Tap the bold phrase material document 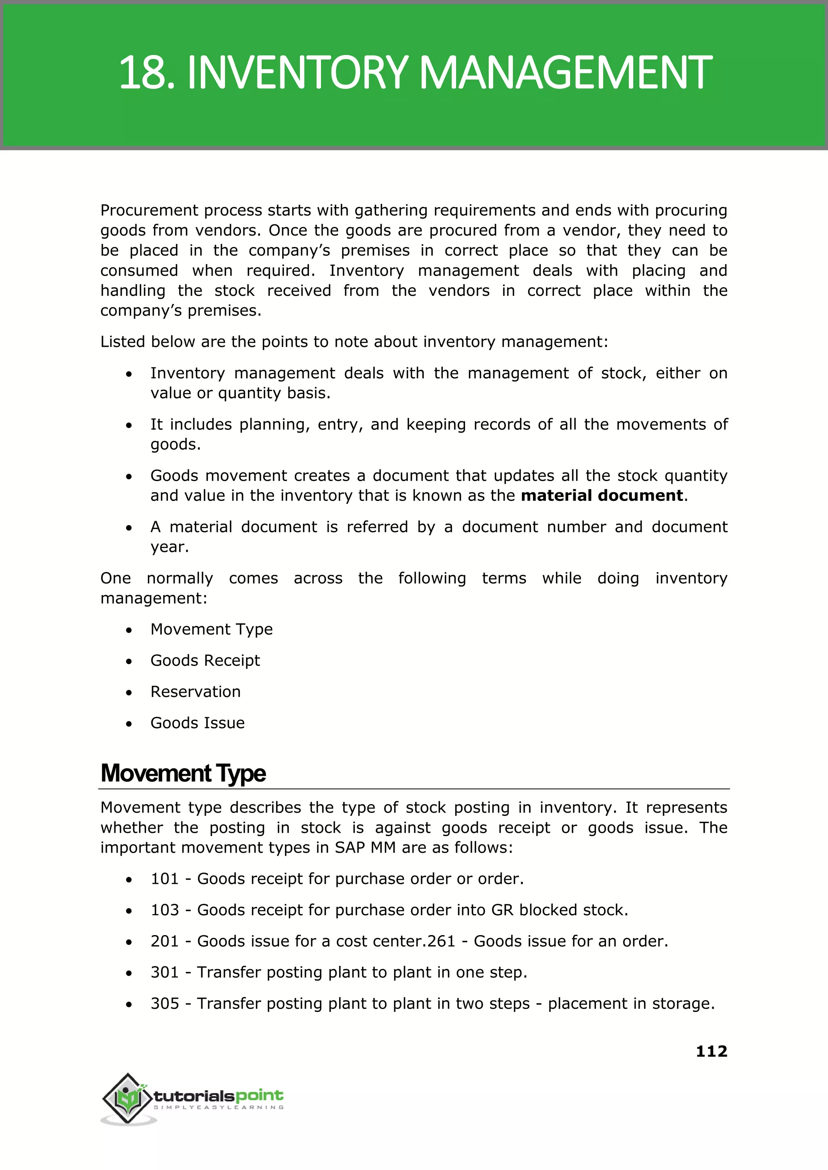coord(602,496)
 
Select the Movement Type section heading coord(183,773)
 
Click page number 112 coord(711,1051)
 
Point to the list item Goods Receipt coord(205,661)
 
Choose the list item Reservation coord(195,692)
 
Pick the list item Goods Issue coord(197,723)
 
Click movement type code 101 coord(165,879)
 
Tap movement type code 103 coord(165,910)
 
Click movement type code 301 coord(165,972)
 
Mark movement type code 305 coord(165,1003)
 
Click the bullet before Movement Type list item coord(129,631)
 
